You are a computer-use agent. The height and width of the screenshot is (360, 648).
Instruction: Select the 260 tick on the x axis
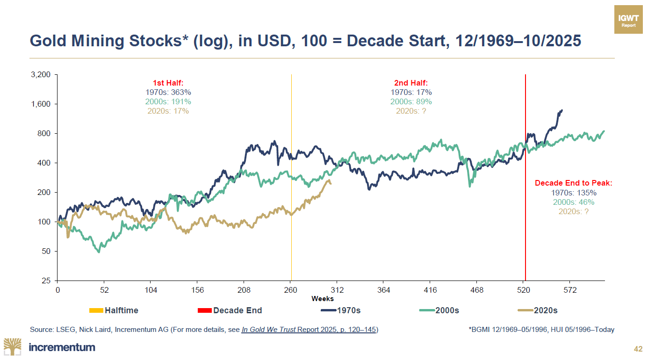[x=291, y=290]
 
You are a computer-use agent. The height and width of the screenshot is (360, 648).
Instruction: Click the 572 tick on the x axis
[x=570, y=290]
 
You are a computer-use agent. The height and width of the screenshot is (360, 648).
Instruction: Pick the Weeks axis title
[x=323, y=299]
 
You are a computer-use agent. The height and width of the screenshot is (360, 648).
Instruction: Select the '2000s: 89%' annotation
[x=411, y=101]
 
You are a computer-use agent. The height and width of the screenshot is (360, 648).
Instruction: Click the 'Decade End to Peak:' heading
[x=573, y=183]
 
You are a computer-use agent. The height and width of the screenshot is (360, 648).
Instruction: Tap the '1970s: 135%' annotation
[x=573, y=193]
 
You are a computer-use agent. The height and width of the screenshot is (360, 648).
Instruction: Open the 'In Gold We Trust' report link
[x=310, y=330]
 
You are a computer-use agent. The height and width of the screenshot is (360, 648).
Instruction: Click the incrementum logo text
[x=62, y=347]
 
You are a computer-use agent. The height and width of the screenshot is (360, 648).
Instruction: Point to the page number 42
[x=638, y=349]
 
